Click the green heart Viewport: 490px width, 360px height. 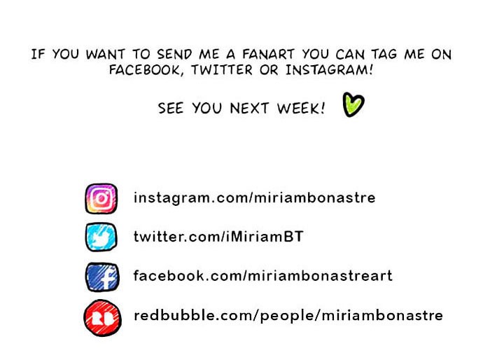click(353, 105)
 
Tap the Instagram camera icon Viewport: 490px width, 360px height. click(101, 198)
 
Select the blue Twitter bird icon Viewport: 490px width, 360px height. click(101, 237)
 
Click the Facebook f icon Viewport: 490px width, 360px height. click(102, 277)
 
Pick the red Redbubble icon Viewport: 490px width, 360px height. click(102, 318)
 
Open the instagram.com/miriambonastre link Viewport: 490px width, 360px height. click(254, 198)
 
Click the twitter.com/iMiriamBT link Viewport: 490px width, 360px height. click(218, 237)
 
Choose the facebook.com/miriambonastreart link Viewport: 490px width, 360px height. click(262, 276)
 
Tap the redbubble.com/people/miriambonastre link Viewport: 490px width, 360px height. click(288, 316)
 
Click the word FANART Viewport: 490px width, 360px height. click(268, 55)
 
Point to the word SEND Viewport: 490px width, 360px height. click(174, 55)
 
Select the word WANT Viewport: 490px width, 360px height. click(106, 55)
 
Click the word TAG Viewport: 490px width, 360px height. click(384, 55)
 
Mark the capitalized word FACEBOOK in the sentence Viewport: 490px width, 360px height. click(146, 70)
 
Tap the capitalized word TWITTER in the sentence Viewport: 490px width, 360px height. click(222, 70)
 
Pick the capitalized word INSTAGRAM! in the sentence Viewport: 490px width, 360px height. click(330, 70)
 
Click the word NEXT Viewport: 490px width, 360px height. click(249, 109)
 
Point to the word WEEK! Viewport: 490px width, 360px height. click(301, 109)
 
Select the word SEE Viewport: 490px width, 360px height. click(170, 109)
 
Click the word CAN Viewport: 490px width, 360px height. click(350, 55)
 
